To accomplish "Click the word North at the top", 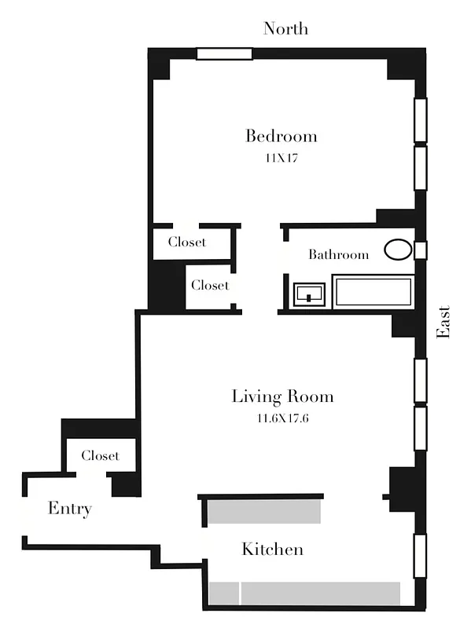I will coord(285,29).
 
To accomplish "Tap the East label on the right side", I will coord(444,322).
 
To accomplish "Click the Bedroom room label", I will coord(281,137).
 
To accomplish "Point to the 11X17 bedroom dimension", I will coord(281,158).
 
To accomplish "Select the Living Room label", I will coord(282,396).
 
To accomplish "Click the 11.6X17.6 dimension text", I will coord(282,418).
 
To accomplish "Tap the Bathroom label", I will coord(338,254).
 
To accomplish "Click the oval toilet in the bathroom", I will coord(398,250).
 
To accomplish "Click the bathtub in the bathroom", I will coord(373,291).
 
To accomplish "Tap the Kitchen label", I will coord(272,549).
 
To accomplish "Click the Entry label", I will coord(70,509).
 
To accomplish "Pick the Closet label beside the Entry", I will coord(101,455).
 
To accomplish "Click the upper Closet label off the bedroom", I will coord(187,242).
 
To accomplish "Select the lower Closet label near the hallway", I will coord(210,285).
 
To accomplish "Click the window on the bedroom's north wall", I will coord(224,53).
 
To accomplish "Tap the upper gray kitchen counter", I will coord(263,512).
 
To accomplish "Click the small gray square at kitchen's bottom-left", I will coord(223,593).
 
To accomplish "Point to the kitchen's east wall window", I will coord(420,556).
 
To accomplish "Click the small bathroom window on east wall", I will coord(421,250).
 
